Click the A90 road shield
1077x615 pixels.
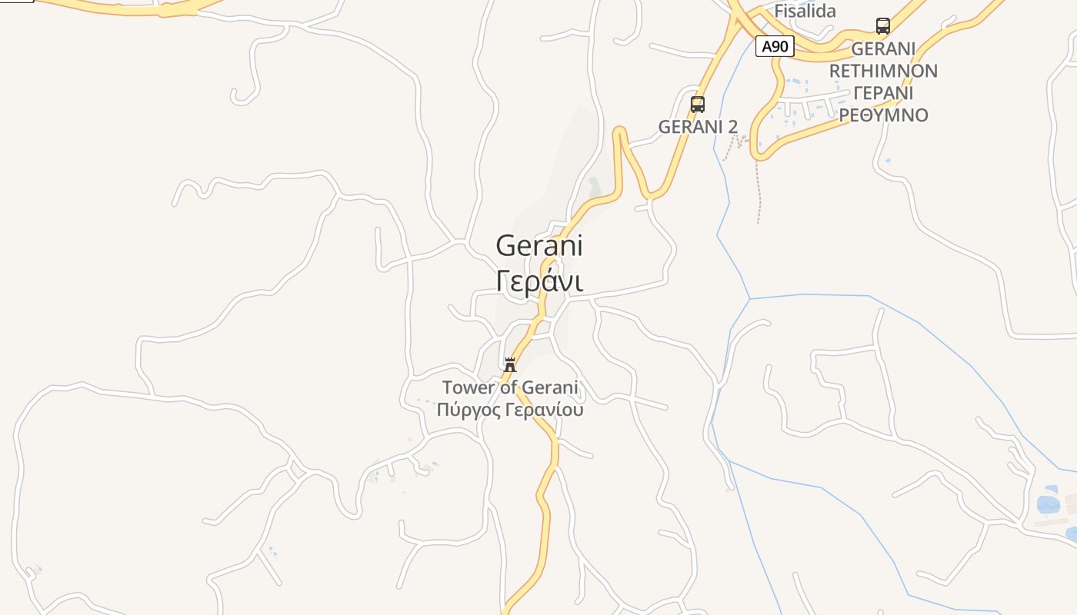[x=774, y=47]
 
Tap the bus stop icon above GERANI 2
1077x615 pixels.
[x=698, y=105]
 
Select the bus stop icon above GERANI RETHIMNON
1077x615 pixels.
[x=883, y=26]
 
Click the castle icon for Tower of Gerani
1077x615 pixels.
[x=509, y=365]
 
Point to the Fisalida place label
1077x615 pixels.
[x=805, y=11]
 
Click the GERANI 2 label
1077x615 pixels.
[x=698, y=127]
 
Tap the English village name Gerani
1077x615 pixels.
[x=539, y=246]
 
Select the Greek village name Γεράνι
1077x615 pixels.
[x=539, y=281]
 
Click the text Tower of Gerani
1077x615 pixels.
[x=509, y=387]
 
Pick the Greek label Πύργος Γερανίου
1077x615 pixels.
[x=509, y=410]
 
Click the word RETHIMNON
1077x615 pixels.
[x=883, y=71]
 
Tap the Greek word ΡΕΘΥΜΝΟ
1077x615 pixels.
[x=883, y=115]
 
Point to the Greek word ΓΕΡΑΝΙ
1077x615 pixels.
[x=883, y=93]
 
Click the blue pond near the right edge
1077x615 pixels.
[x=1048, y=504]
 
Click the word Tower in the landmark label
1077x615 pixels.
[x=468, y=387]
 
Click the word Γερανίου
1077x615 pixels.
[x=545, y=410]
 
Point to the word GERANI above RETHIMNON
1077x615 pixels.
[x=883, y=49]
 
